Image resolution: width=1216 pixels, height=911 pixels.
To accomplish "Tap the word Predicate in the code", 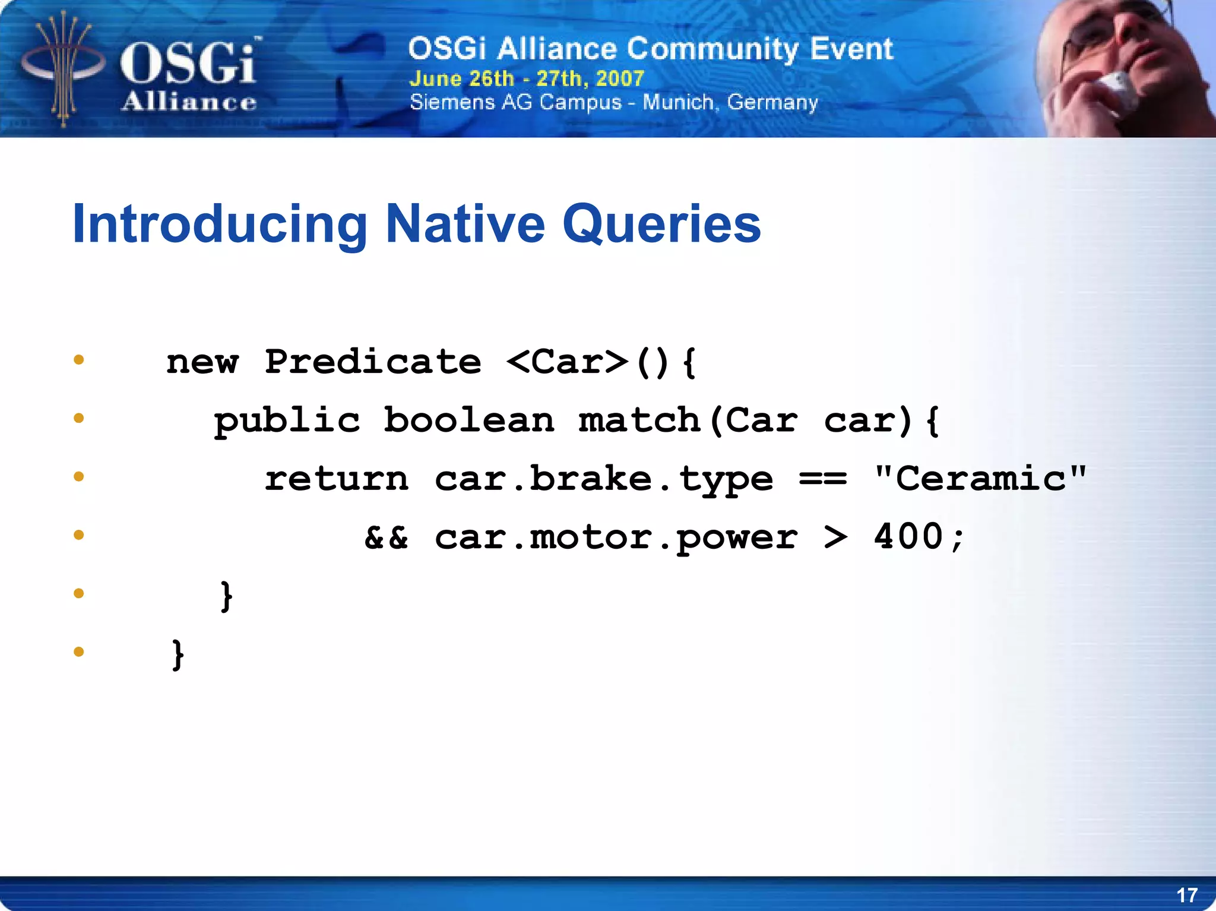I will (373, 362).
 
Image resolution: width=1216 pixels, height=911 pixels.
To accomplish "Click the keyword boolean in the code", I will (468, 420).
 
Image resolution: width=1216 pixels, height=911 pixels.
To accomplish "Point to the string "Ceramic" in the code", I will (980, 478).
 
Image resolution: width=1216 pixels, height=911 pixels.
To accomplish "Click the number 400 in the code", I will (908, 536).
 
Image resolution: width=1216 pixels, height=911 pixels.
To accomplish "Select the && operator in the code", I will (386, 537).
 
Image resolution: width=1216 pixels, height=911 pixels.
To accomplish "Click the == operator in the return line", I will (822, 479).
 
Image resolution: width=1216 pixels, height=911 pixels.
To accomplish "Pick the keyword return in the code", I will (337, 479).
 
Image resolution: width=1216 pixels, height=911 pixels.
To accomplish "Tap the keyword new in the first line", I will (202, 362).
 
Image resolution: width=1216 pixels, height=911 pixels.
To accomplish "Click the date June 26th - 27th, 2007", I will (527, 78).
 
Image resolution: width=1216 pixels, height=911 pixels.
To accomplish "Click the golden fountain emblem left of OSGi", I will (62, 68).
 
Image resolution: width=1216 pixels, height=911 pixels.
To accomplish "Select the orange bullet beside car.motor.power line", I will (78, 535).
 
